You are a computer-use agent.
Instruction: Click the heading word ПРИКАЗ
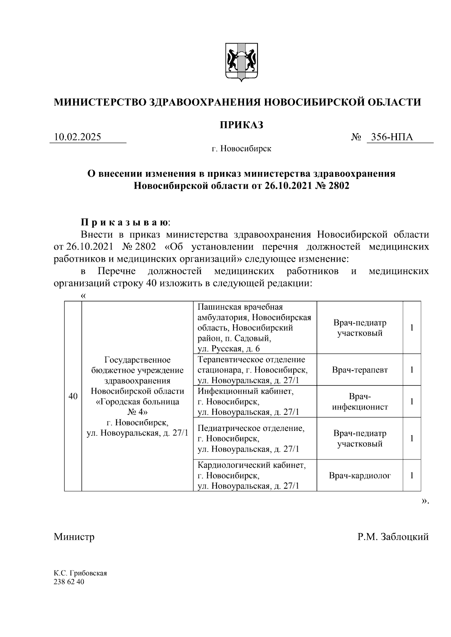241,125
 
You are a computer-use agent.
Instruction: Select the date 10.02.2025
77,137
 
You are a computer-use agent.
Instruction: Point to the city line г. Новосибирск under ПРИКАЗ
241,149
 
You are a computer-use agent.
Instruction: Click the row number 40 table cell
73,396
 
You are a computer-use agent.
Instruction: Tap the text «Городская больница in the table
138,402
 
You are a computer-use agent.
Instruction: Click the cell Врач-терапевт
360,370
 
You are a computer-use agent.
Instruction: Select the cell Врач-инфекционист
360,402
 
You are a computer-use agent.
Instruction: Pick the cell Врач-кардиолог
360,476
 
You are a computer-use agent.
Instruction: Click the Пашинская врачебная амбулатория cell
254,328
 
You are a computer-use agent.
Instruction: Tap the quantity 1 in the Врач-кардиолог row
412,476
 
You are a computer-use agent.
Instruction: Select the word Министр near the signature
74,536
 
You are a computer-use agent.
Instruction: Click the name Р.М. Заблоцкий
393,536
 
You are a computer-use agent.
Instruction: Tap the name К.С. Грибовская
80,573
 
